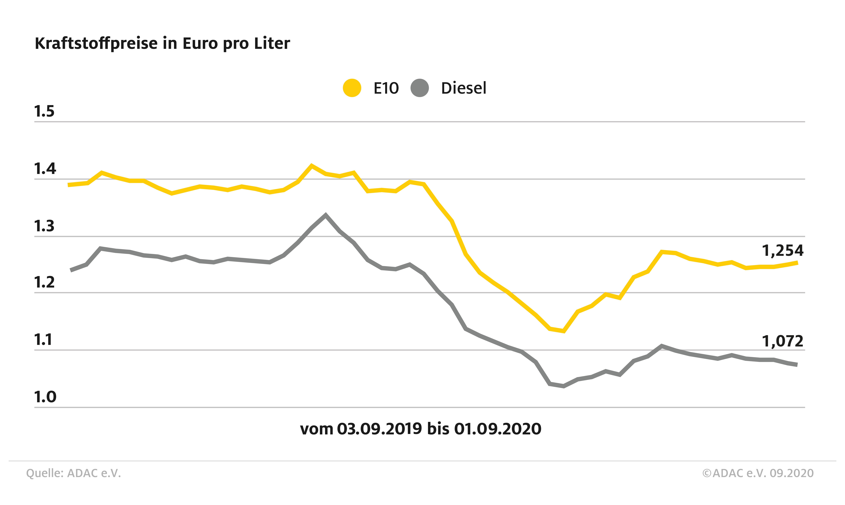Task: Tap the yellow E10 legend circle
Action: (352, 88)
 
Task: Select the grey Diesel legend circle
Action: (419, 88)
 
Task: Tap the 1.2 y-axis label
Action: (44, 282)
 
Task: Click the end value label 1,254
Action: (782, 251)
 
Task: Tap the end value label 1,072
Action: (782, 341)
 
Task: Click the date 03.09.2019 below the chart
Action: (379, 429)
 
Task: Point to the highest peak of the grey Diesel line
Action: (326, 215)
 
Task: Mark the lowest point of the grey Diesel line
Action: (564, 386)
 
